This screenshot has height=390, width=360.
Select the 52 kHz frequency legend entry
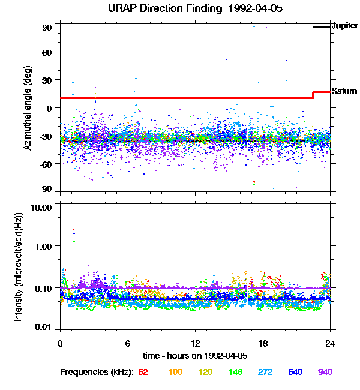tap(143, 373)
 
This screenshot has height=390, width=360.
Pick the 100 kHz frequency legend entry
tap(175, 373)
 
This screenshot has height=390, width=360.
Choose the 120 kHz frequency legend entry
tap(205, 373)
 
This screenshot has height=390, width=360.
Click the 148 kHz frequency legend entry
tap(235, 373)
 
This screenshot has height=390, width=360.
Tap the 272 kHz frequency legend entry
tap(265, 373)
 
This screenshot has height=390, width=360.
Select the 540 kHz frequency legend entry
tap(295, 373)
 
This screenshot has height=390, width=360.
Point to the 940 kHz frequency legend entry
tap(325, 373)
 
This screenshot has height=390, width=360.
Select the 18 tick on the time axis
tap(262, 344)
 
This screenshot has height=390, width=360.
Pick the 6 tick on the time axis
tap(128, 344)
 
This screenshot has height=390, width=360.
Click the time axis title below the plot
tap(195, 355)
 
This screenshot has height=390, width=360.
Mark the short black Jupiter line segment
tap(322, 26)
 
